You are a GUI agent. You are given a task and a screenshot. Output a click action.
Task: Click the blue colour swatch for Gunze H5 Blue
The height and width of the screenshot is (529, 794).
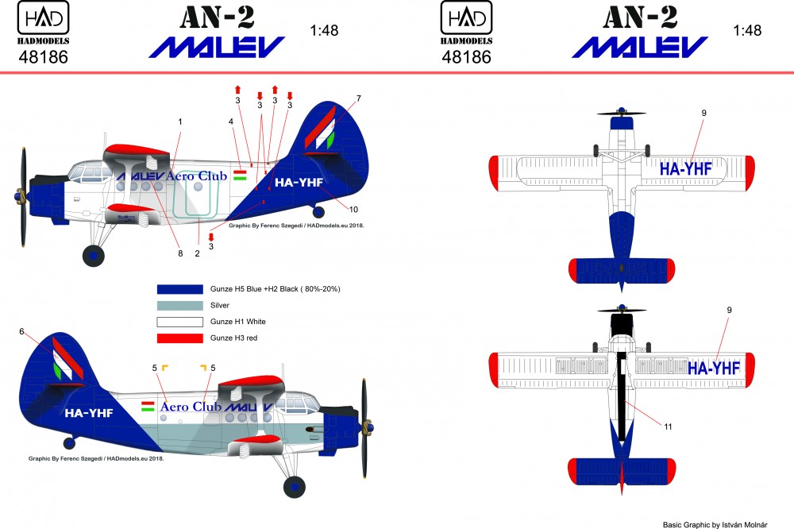[180, 288]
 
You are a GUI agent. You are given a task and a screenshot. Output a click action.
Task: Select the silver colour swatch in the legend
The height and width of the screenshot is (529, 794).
[180, 305]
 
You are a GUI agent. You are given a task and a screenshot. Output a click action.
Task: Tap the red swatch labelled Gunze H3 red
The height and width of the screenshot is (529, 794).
[180, 338]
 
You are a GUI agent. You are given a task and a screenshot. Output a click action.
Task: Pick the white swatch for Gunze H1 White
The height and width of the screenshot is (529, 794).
[180, 322]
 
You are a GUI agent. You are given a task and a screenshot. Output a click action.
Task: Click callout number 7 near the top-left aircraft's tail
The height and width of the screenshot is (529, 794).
[359, 98]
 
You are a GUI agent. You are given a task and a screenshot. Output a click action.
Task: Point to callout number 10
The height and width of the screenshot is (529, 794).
[354, 209]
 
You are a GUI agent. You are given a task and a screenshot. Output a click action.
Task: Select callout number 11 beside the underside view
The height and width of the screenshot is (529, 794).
[668, 427]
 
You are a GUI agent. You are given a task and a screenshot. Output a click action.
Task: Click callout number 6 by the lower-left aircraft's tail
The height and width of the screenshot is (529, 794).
[22, 331]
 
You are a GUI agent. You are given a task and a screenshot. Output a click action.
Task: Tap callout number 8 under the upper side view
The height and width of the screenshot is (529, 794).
[180, 253]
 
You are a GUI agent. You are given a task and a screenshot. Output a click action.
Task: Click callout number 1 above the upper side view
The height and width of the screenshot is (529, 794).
[180, 122]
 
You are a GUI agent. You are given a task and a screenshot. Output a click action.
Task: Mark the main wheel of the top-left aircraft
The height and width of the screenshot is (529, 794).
[94, 255]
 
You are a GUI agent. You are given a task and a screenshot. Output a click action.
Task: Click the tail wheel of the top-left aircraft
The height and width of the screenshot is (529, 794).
[319, 211]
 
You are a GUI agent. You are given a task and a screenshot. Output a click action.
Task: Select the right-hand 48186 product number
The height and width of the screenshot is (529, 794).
[466, 57]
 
